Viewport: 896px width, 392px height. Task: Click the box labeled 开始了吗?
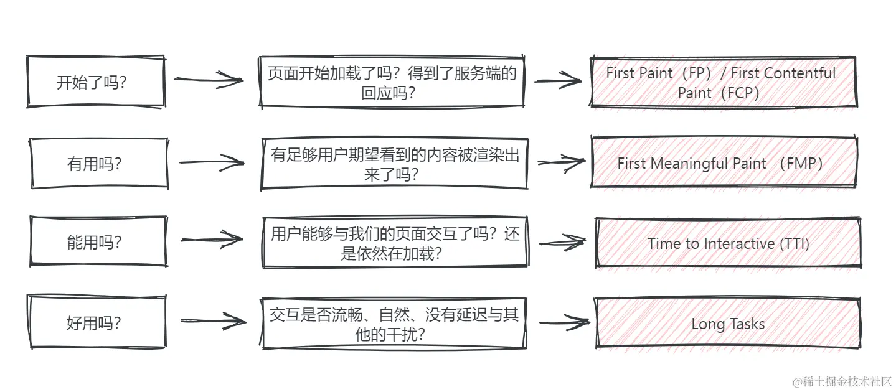coord(96,82)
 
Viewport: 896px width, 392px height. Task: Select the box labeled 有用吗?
coord(99,163)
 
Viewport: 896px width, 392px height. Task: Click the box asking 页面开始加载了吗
coord(392,83)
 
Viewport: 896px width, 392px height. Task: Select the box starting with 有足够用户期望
coord(394,164)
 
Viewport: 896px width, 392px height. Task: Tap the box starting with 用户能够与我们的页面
coord(395,243)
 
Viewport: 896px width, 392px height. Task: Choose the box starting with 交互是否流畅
coord(394,324)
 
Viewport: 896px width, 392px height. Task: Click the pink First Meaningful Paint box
coord(723,163)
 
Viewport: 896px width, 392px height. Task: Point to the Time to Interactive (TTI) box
coord(728,243)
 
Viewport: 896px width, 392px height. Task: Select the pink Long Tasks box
coord(728,324)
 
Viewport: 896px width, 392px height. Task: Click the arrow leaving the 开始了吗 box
coord(209,80)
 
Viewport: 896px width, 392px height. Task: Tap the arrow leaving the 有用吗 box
coord(212,163)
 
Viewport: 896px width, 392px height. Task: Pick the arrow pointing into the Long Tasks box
coord(564,322)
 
